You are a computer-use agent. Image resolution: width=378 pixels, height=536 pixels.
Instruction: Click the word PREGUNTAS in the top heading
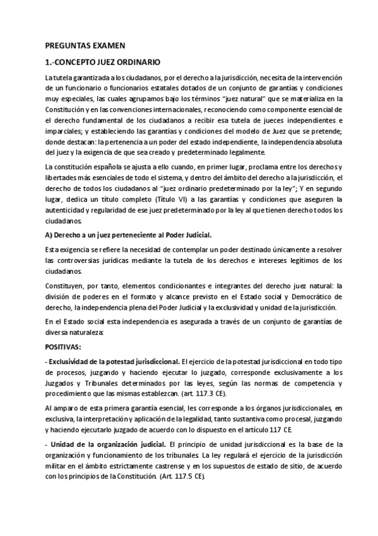click(x=67, y=46)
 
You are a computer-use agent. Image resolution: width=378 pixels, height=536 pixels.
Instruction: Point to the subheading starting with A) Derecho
click(x=105, y=235)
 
